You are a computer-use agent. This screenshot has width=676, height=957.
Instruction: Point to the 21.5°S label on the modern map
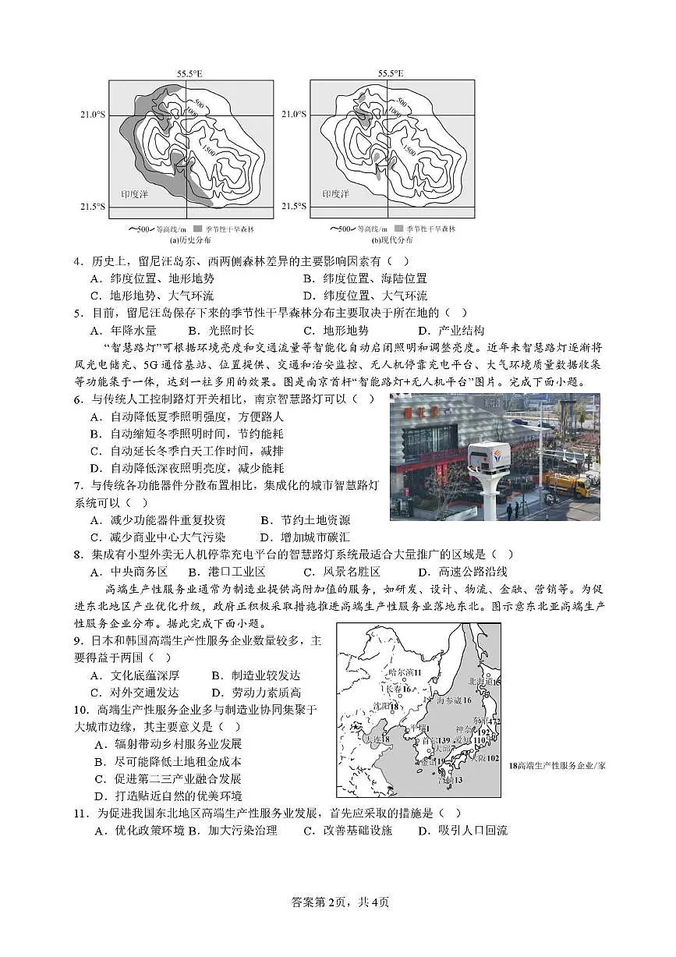coord(294,207)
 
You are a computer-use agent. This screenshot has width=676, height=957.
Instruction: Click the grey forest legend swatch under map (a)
coord(198,229)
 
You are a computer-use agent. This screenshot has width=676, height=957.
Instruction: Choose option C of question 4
coord(152,296)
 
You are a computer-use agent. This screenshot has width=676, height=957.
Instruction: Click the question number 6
coord(78,399)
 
